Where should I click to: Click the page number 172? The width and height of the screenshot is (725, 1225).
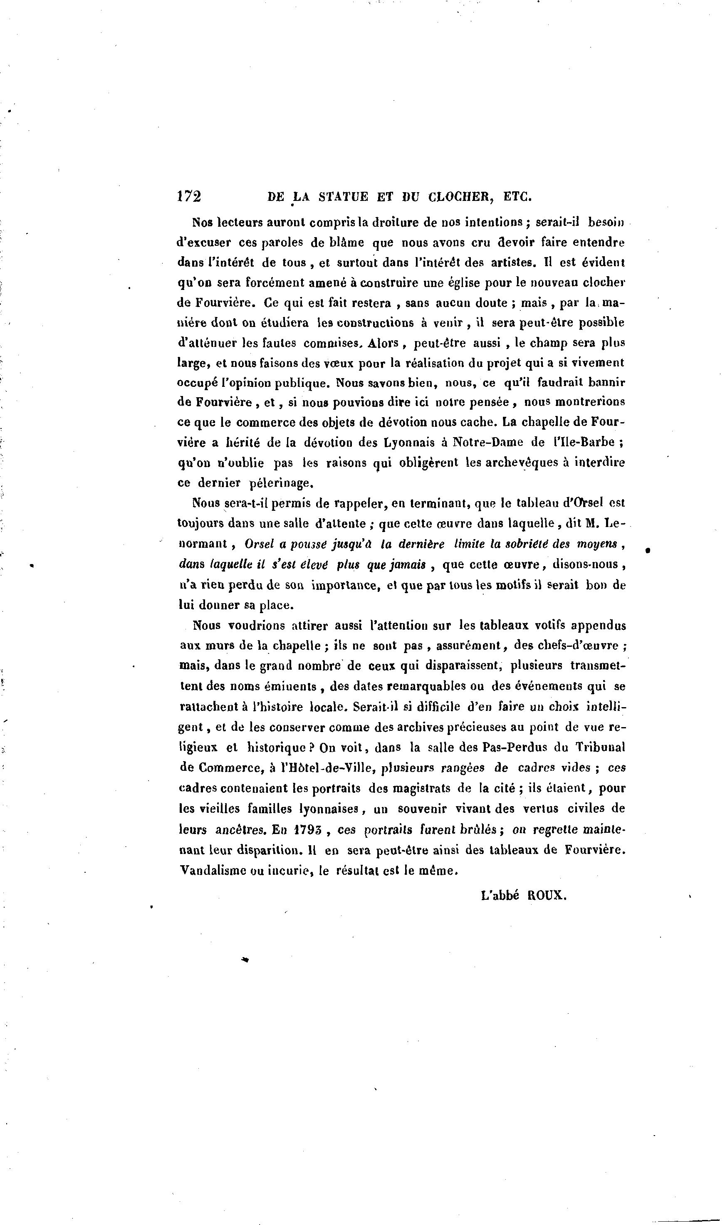click(189, 196)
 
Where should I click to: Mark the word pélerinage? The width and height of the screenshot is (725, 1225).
click(280, 483)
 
